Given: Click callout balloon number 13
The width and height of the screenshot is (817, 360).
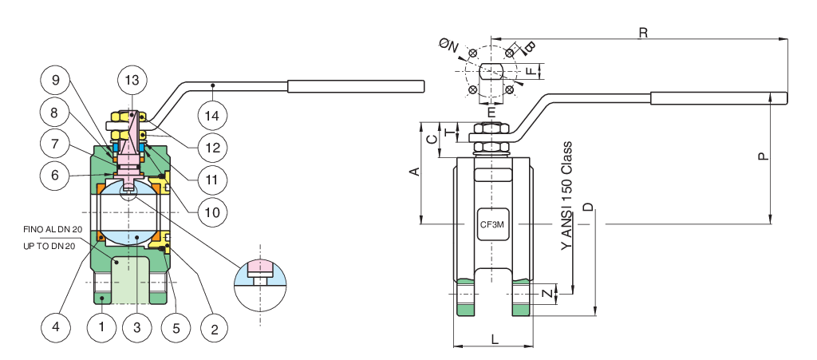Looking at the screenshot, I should coord(132,80).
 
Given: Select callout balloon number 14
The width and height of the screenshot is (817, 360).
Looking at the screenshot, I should coord(211,115).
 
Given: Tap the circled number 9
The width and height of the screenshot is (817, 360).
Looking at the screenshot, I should coord(54,80).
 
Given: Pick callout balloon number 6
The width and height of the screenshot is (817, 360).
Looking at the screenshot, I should coord(54,175).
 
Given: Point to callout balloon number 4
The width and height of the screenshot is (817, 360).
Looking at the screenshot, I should coord(54,326).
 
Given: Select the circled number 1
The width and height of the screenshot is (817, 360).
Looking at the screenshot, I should coord(101,326).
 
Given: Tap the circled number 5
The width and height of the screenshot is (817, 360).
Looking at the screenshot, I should coord(175,326).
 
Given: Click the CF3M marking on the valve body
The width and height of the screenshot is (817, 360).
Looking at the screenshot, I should coord(491,225).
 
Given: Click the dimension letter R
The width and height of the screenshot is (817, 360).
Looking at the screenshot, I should coord(642,33).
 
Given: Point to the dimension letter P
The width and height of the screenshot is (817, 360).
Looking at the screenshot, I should coord(764,156).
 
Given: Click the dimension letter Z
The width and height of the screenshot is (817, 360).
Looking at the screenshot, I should coord(547,294).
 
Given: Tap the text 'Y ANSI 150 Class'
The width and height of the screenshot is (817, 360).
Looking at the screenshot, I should coord(566,196).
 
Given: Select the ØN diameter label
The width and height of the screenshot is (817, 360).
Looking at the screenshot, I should coord(451,46).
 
